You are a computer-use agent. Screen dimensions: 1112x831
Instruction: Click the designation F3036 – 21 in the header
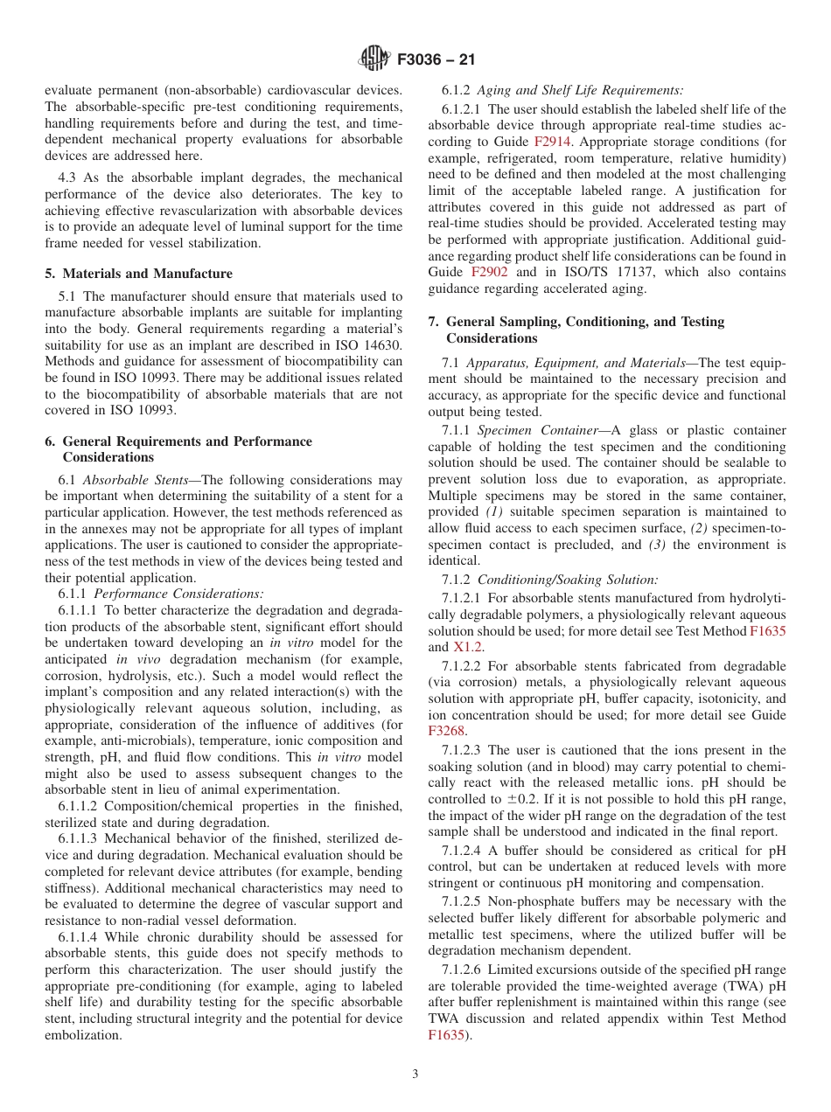[x=436, y=60]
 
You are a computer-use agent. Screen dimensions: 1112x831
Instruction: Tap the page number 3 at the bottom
[x=415, y=1074]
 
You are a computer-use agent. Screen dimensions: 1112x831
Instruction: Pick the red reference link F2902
[x=488, y=272]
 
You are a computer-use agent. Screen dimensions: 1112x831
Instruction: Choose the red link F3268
[x=446, y=730]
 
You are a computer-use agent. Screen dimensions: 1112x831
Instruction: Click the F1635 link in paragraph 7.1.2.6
[x=447, y=1035]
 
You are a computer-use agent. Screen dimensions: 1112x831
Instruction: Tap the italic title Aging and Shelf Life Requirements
[x=580, y=90]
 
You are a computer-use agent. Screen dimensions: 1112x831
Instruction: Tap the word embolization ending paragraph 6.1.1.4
[x=85, y=1035]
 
